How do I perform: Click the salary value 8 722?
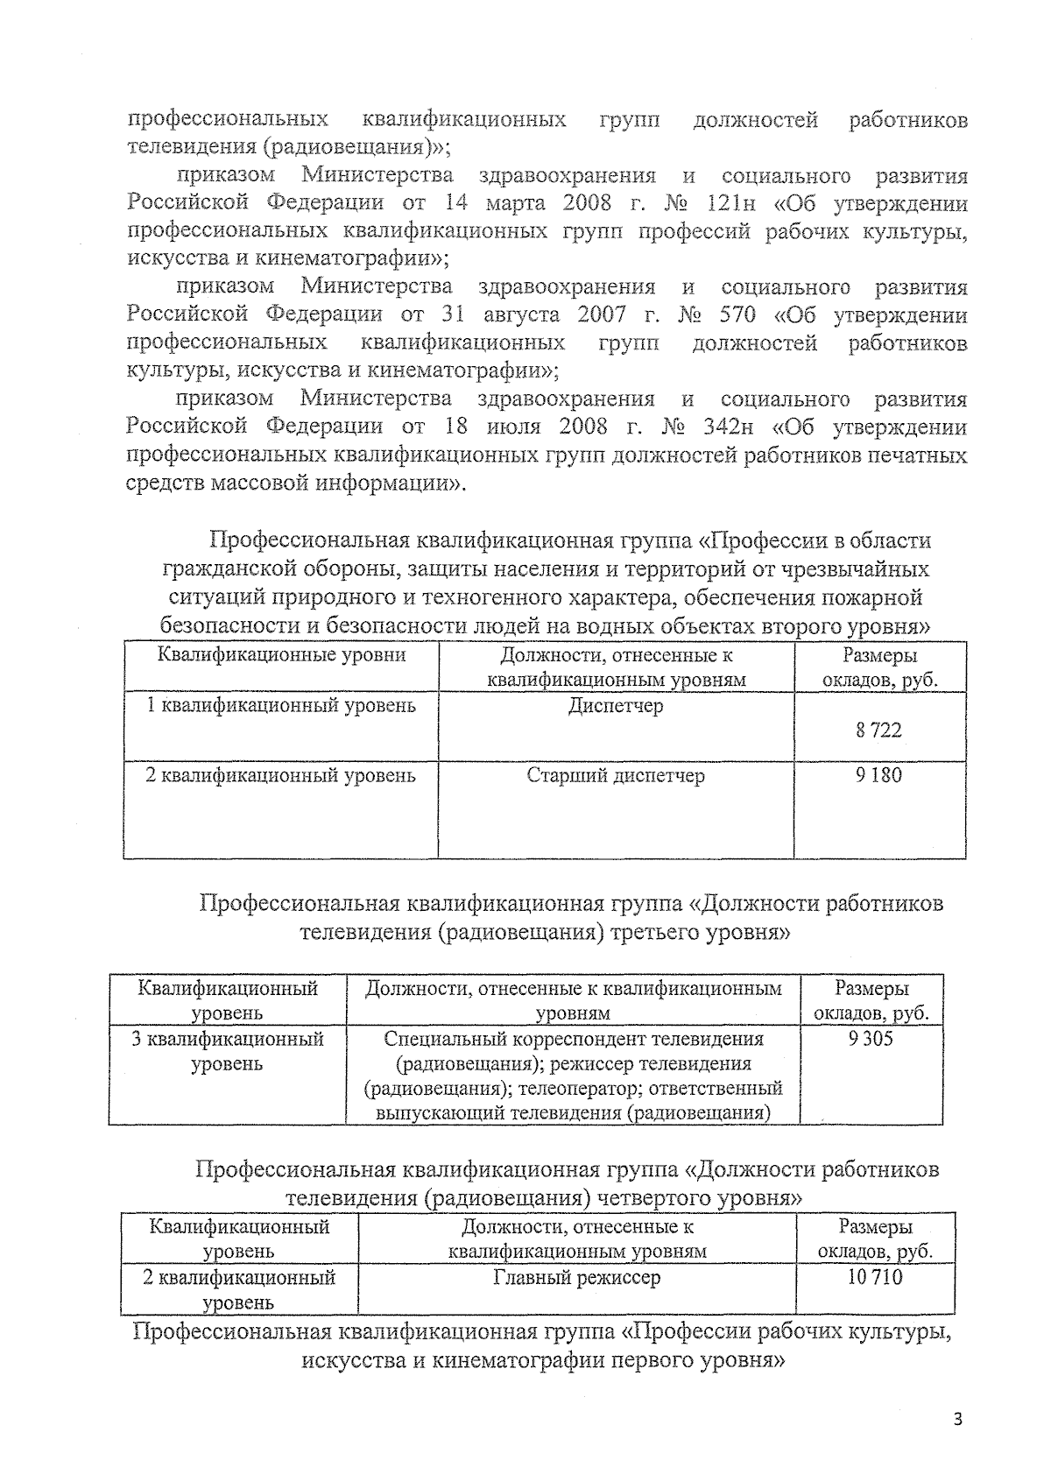[878, 730]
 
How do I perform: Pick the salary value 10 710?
[874, 1277]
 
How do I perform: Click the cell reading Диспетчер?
[616, 706]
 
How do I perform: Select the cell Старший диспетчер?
[616, 775]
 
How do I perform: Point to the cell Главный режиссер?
[576, 1277]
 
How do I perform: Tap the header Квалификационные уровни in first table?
[281, 655]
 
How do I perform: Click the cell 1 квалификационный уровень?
[280, 706]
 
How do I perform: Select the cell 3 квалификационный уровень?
[227, 1051]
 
